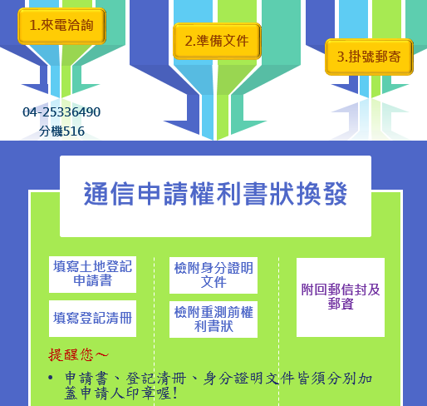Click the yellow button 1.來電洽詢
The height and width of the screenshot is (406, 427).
(61, 26)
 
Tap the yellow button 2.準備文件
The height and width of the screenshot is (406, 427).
(217, 41)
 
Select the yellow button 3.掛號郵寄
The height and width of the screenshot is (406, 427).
(369, 57)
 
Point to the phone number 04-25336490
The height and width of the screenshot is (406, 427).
(61, 112)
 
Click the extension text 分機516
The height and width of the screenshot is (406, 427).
(61, 131)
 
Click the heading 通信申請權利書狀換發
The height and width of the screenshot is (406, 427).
(215, 194)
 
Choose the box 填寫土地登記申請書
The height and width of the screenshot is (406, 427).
(92, 275)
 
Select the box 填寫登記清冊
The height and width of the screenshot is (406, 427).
(92, 319)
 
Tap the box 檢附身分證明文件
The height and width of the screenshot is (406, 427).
(213, 275)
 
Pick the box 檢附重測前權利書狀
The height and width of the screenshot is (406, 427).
(213, 319)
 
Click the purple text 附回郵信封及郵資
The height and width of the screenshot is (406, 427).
(341, 296)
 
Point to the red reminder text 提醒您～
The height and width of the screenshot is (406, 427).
(79, 354)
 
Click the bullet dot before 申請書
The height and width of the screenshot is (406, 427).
(50, 378)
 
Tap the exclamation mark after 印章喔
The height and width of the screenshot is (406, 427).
(174, 394)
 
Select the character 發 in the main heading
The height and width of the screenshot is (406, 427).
(335, 194)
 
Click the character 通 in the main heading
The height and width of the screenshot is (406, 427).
(96, 194)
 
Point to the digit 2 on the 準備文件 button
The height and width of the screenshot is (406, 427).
(189, 42)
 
